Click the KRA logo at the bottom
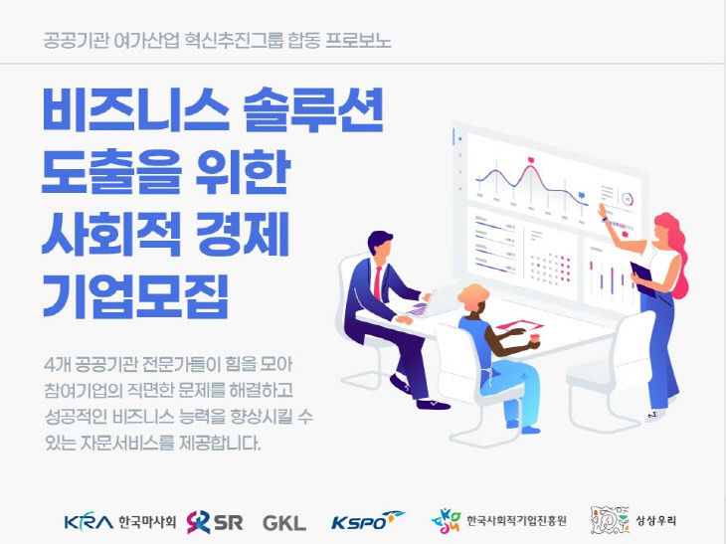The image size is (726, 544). click(88, 521)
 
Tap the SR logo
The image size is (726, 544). click(214, 520)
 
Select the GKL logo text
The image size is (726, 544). click(284, 521)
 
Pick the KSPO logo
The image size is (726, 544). click(367, 520)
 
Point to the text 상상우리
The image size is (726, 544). click(659, 520)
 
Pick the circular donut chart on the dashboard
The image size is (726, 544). click(627, 199)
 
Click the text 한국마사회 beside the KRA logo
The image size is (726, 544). click(146, 521)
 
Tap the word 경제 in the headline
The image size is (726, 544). click(239, 232)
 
